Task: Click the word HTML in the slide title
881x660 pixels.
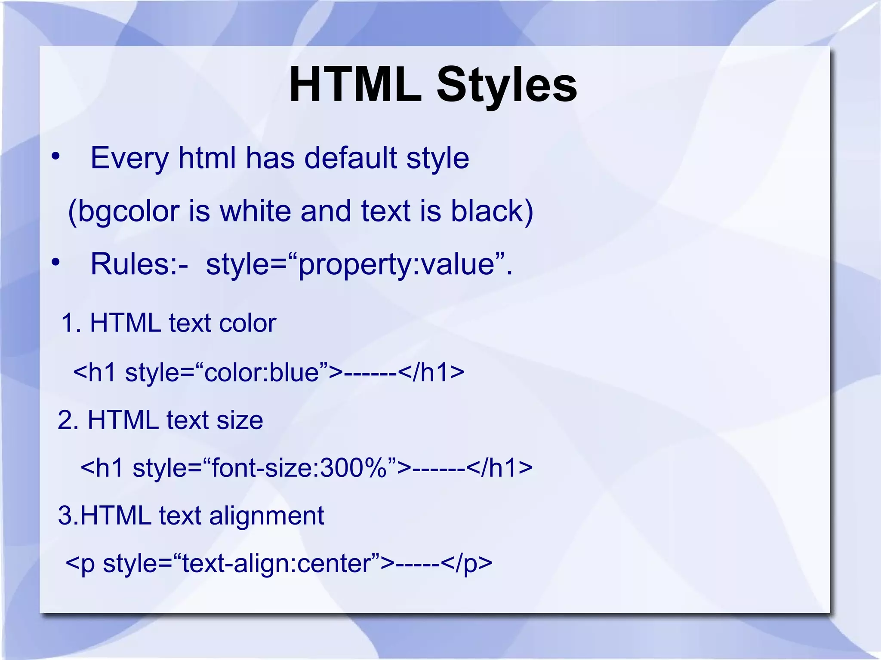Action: pyautogui.click(x=355, y=85)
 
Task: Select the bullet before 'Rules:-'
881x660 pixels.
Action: pyautogui.click(x=55, y=263)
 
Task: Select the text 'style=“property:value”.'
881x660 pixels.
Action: pyautogui.click(x=359, y=264)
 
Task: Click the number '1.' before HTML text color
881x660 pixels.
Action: pyautogui.click(x=71, y=323)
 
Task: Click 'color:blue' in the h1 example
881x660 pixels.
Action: pyautogui.click(x=262, y=372)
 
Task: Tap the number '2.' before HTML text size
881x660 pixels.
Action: pyautogui.click(x=68, y=420)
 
